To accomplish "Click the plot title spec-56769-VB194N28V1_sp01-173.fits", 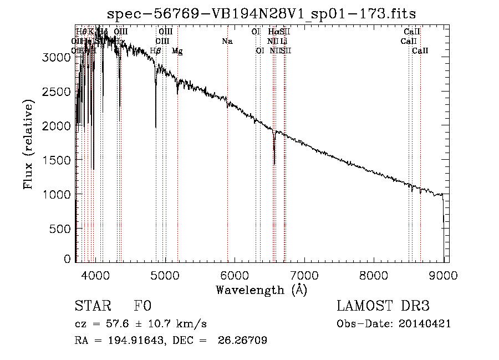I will pos(261,13).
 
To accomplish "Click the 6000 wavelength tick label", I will pos(235,275).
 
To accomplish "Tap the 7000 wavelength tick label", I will pos(304,275).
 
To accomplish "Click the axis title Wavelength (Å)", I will pos(261,290).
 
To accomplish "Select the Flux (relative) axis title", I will pos(29,144).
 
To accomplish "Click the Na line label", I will pos(227,41).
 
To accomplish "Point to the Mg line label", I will pos(177,50).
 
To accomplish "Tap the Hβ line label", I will pos(156,50).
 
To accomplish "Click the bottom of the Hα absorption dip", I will pos(274,164).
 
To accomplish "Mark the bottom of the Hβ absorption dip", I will pos(156,127).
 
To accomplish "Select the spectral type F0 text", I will pos(142,306).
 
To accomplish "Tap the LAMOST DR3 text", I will pos(383,306).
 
